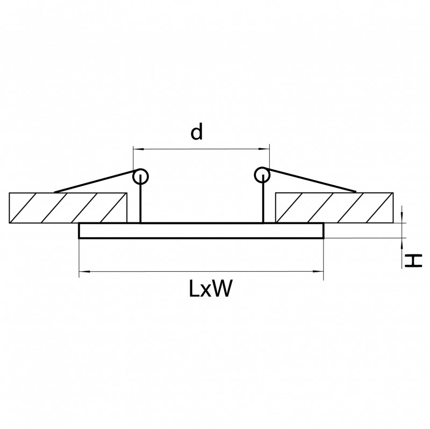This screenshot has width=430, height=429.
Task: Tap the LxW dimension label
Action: point(210,289)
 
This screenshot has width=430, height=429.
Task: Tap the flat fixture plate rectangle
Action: point(201,230)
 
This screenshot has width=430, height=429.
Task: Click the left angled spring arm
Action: point(94,182)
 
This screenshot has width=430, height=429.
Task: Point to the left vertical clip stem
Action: point(140,201)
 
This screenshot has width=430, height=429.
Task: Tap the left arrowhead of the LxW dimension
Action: point(83,273)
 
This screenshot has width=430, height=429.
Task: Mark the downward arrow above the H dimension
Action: point(403,217)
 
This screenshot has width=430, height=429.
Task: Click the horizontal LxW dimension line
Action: point(201,273)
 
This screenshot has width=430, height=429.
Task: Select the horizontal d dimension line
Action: point(201,148)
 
